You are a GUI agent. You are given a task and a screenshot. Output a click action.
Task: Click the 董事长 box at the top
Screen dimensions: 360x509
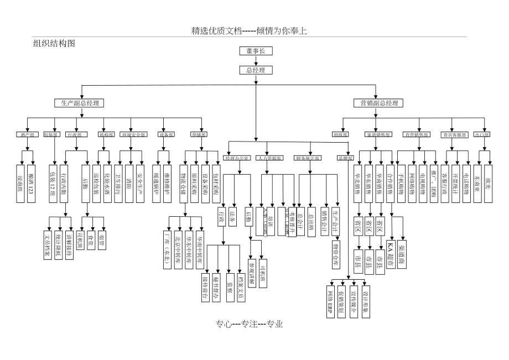[256, 51]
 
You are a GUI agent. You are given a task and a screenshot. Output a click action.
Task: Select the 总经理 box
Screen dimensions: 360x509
[256, 70]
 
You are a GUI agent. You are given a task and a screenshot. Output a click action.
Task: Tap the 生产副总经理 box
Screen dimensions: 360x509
[80, 103]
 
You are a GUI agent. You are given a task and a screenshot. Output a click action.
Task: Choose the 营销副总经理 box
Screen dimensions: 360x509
[378, 103]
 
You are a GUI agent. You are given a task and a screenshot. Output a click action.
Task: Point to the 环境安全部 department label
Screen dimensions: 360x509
[133, 134]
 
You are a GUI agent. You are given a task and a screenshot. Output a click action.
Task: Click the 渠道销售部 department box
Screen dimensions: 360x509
[378, 134]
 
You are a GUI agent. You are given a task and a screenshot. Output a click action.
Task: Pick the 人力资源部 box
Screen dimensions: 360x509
[269, 158]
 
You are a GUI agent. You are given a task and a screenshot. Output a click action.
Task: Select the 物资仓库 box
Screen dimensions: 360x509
[336, 254]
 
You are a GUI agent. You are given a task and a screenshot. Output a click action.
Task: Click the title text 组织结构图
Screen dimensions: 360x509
[54, 43]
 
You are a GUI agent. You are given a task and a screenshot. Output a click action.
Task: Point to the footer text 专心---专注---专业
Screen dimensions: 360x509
[250, 325]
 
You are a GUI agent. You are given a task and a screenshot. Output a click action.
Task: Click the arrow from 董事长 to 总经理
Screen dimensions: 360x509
[256, 60]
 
